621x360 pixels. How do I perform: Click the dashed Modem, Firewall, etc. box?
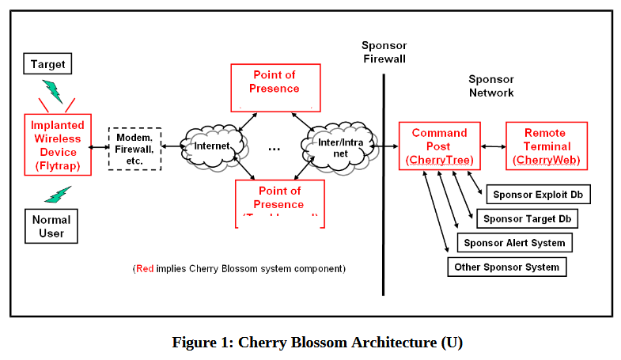134,149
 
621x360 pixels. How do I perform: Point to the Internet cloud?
212,146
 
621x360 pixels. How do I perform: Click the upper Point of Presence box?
274,85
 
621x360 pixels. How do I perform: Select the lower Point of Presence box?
279,203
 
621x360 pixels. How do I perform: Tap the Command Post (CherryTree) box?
439,146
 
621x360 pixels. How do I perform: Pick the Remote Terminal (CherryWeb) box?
546,146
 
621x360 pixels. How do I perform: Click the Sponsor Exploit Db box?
540,194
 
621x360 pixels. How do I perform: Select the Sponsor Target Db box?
526,218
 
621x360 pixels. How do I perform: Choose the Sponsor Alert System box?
514,243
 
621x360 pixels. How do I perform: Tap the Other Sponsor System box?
506,267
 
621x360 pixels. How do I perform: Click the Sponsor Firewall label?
384,51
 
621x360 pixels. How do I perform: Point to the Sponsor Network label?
490,85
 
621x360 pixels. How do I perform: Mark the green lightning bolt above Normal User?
58,194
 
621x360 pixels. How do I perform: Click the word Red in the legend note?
145,268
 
